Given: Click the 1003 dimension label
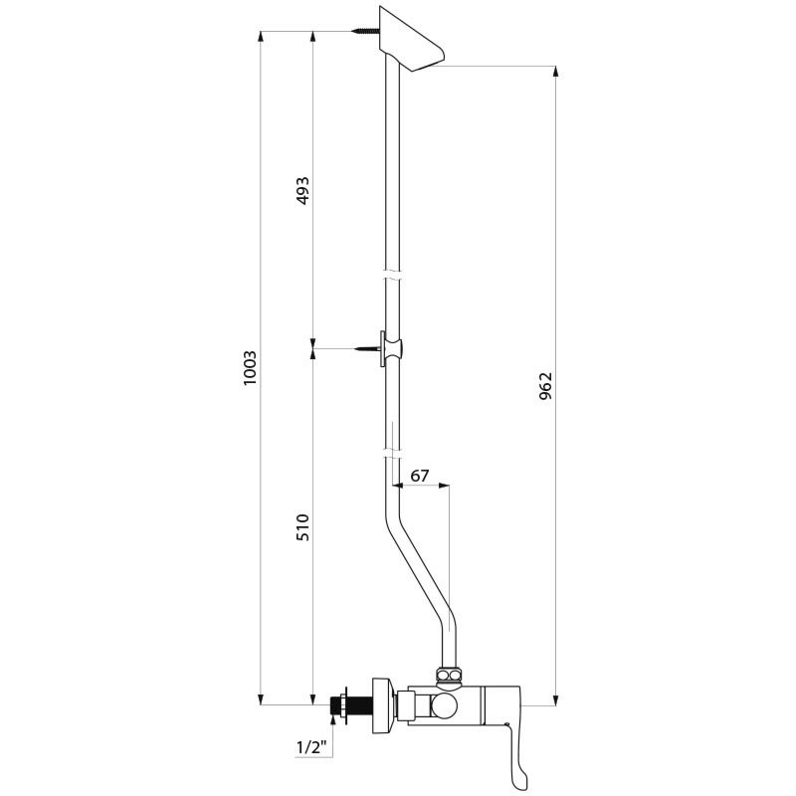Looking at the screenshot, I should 251,369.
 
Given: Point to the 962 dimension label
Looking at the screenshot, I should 545,386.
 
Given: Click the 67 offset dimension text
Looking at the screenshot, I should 420,476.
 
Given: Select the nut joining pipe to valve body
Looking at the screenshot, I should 451,677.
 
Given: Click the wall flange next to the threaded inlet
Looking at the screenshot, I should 379,705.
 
